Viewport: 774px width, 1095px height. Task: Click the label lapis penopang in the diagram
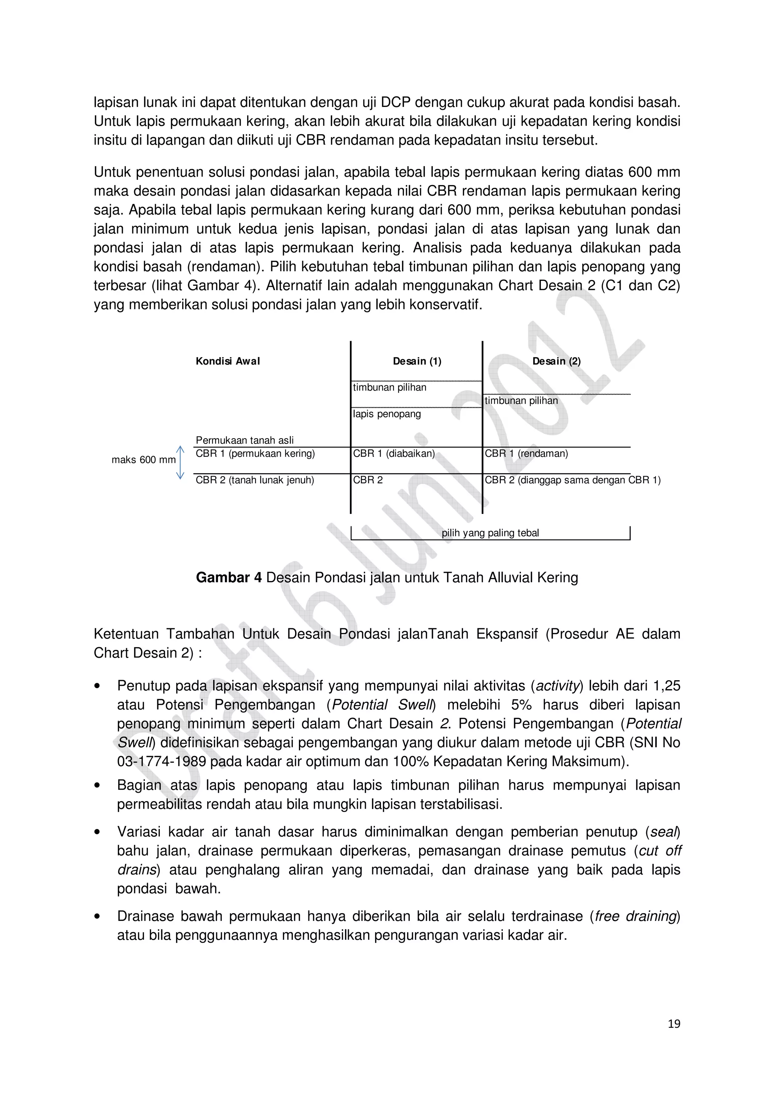pos(387,414)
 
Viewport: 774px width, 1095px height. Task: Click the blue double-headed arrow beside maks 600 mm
pos(180,462)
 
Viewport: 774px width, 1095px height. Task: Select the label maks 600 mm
pos(143,460)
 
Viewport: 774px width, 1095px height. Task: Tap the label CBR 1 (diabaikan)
pos(393,453)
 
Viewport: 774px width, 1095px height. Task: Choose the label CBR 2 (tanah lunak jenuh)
pos(255,480)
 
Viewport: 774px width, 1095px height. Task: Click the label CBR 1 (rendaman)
pos(526,453)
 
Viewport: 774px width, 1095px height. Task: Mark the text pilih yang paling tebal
pos(490,533)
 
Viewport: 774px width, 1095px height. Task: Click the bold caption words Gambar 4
pos(228,578)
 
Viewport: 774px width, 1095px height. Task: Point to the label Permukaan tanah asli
pos(244,440)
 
